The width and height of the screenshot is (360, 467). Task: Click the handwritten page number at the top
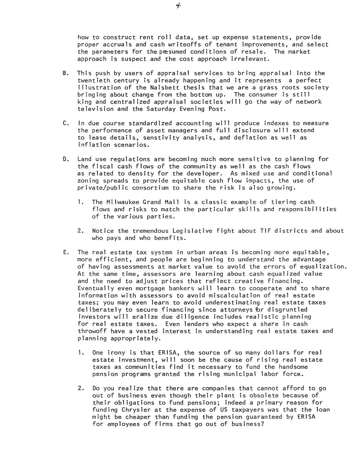click(178, 5)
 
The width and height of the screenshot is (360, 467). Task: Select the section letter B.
click(65, 73)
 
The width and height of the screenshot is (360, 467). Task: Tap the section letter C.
click(65, 123)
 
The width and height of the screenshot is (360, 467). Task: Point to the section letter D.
click(65, 159)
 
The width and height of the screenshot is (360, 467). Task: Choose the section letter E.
click(65, 252)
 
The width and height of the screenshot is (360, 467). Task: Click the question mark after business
click(262, 424)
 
